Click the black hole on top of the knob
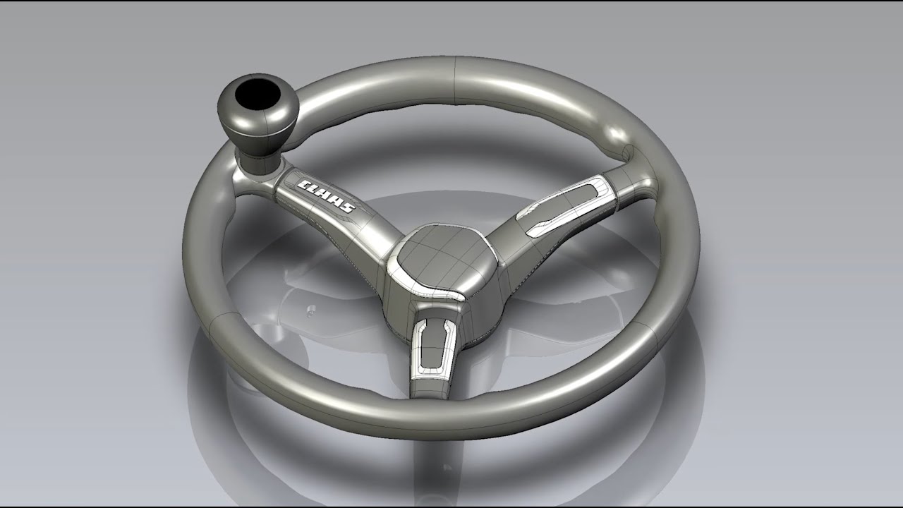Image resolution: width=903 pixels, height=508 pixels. [x=256, y=94]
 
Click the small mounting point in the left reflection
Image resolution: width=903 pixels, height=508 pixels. [x=308, y=308]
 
